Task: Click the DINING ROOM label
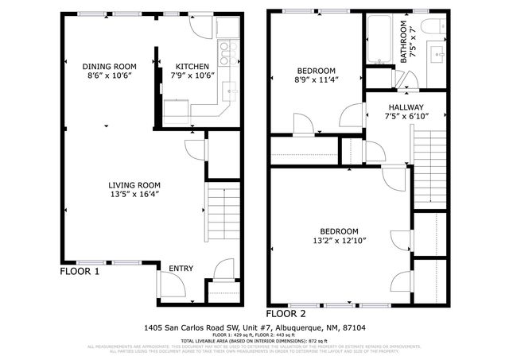pyautogui.click(x=110, y=66)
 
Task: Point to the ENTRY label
pyautogui.click(x=181, y=269)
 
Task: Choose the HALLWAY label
pyautogui.click(x=406, y=107)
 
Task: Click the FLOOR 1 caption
pyautogui.click(x=80, y=272)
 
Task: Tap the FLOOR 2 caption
pyautogui.click(x=285, y=312)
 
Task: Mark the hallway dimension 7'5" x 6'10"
pyautogui.click(x=406, y=116)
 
